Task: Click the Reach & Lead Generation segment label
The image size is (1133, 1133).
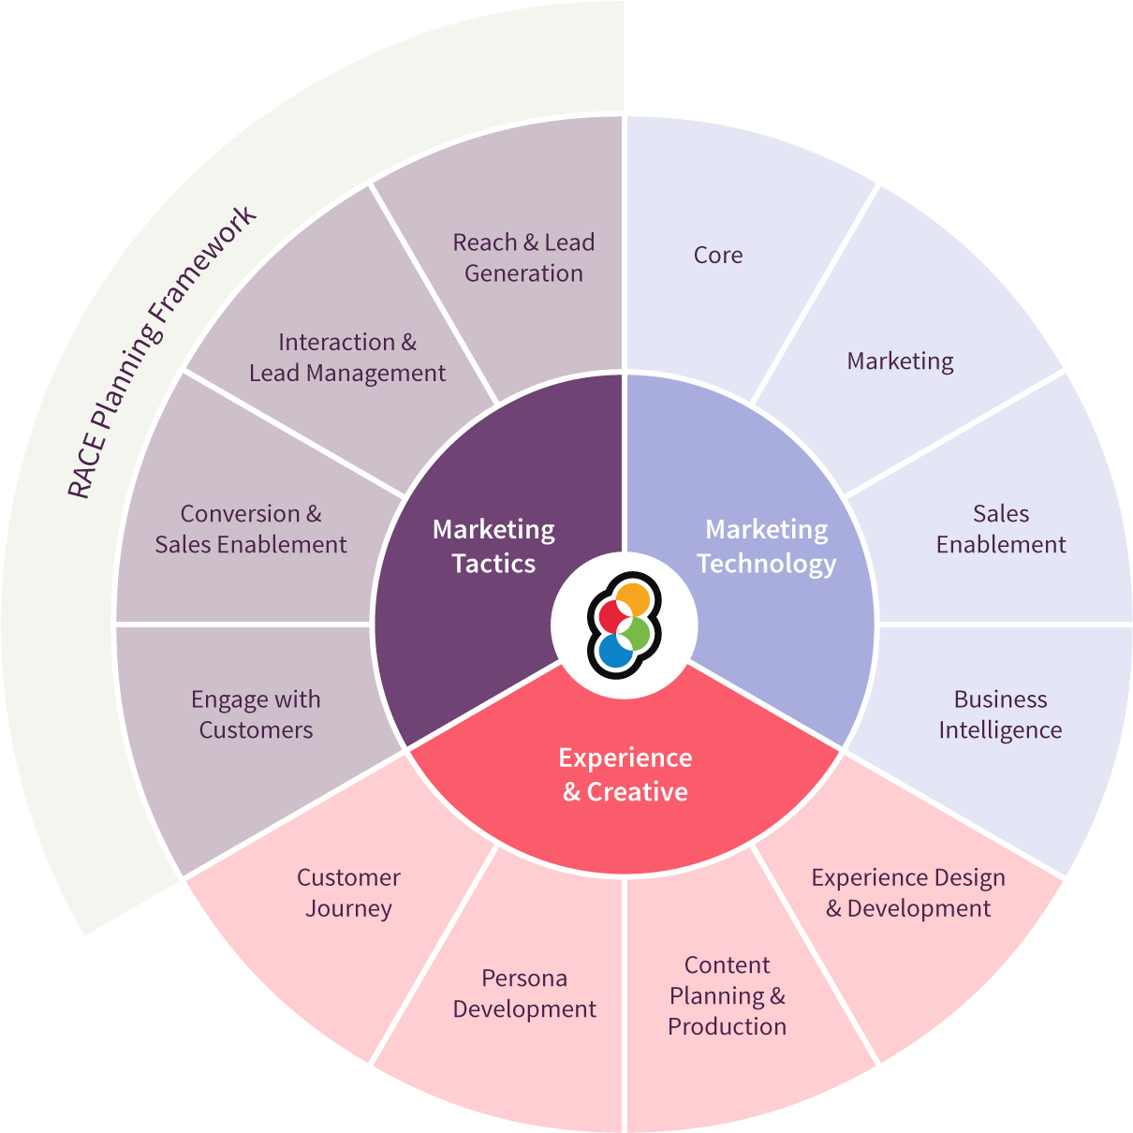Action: coord(523,257)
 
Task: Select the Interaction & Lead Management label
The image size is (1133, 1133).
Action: coord(347,358)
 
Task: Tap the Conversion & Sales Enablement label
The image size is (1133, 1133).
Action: coord(251,529)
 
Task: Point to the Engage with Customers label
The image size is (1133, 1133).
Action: coord(256,714)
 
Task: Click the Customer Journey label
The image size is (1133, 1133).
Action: coord(348,892)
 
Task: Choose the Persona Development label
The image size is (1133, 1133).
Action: coord(524,993)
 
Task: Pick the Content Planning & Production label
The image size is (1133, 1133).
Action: coord(727,995)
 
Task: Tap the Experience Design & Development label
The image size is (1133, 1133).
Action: coord(907,892)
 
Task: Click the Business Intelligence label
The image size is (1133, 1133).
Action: coord(1000,714)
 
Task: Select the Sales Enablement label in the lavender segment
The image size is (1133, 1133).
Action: coord(1000,529)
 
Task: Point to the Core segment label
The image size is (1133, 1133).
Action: coord(718,255)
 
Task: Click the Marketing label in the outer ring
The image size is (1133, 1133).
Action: coord(900,360)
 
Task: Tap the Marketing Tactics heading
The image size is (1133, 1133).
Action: coord(493,546)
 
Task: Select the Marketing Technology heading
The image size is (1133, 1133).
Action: coord(766,546)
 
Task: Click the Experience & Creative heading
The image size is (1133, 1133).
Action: coord(625,774)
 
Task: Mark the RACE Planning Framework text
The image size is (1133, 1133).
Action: coord(161,352)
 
